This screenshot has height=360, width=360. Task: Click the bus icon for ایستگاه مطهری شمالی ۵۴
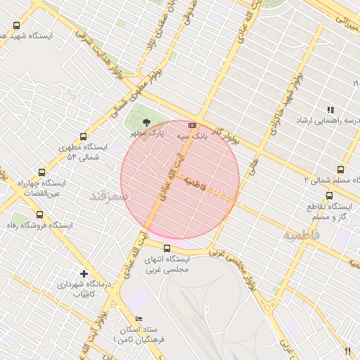click(x=84, y=136)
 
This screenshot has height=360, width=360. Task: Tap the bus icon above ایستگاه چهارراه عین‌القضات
click(x=41, y=172)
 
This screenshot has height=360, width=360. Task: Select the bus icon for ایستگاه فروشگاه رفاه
click(x=39, y=214)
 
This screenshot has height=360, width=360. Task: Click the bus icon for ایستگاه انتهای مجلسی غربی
click(x=167, y=247)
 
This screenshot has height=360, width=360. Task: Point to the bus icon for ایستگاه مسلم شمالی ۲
click(x=340, y=169)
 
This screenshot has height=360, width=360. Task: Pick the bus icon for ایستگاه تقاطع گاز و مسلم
click(x=329, y=195)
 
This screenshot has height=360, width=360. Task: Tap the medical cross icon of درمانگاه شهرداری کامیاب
click(x=84, y=273)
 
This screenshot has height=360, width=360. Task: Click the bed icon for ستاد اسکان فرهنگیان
click(x=139, y=320)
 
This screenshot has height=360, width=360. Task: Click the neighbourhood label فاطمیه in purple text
click(x=301, y=235)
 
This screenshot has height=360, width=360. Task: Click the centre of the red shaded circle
click(x=180, y=180)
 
